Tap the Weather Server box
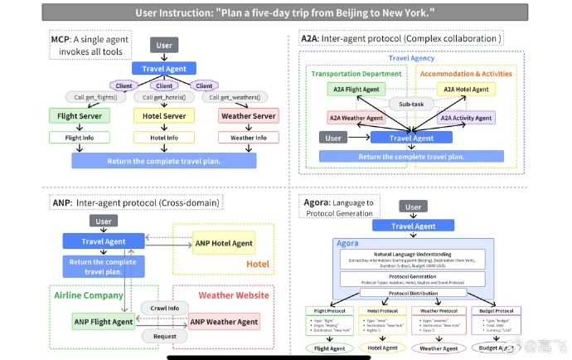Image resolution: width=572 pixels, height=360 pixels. (x=248, y=116)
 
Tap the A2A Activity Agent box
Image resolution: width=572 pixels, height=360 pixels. (x=466, y=118)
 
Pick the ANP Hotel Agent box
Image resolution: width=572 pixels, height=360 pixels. (x=224, y=243)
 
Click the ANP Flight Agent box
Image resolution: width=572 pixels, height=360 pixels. (x=103, y=322)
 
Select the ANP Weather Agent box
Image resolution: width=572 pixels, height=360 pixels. (x=224, y=322)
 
